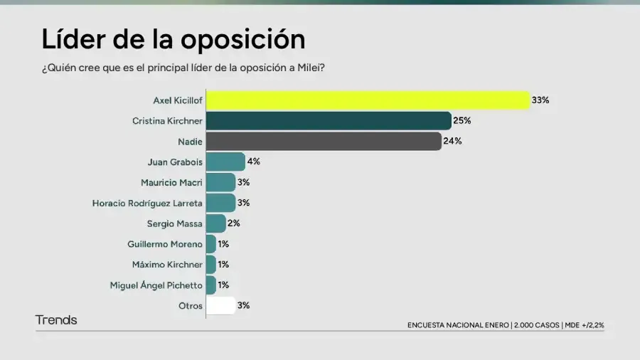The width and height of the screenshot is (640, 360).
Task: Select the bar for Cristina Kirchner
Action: tap(329, 121)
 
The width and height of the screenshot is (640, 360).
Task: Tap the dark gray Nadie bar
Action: tap(324, 141)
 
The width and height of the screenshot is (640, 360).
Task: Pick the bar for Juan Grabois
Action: tap(225, 162)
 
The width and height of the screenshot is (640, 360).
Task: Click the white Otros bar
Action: tap(220, 306)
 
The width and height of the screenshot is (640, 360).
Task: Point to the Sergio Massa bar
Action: tap(216, 223)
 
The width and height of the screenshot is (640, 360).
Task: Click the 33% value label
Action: tap(540, 100)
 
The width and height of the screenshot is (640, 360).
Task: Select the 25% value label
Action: tap(462, 121)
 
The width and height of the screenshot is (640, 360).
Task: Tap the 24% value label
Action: tap(453, 141)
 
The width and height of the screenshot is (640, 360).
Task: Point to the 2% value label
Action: tap(234, 223)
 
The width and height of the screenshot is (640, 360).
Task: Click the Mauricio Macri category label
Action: tap(171, 182)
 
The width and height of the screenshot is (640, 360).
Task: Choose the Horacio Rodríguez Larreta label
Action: tap(147, 203)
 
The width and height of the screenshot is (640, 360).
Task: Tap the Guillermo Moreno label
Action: tap(165, 244)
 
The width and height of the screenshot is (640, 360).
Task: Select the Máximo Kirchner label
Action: tap(167, 265)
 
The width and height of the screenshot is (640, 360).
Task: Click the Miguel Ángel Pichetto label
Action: tap(156, 285)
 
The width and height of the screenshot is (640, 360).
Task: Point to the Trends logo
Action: tap(56, 320)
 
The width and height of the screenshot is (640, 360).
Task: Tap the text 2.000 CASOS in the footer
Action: tap(536, 325)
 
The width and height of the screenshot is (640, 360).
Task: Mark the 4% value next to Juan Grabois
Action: tap(254, 162)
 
